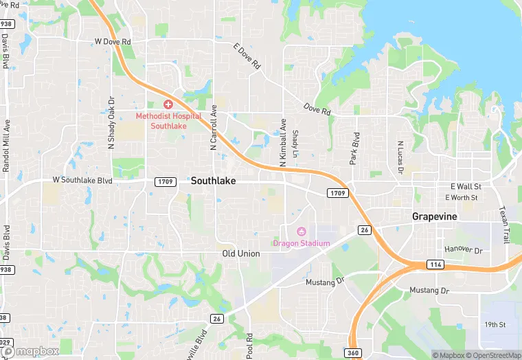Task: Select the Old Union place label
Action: (241, 254)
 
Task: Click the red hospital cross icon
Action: (168, 104)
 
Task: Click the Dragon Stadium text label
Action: (302, 243)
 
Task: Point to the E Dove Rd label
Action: (247, 57)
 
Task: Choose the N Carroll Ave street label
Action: (214, 127)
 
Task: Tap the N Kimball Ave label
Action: (282, 143)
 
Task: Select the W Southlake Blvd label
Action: (82, 180)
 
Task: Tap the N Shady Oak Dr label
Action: (111, 122)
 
